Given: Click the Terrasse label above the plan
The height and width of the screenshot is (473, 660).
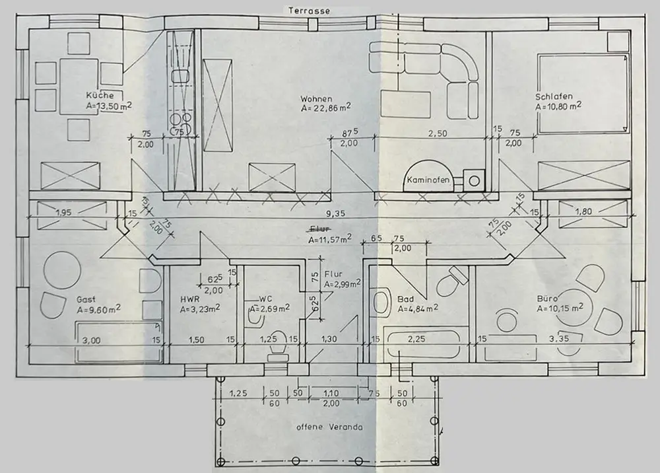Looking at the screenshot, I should (308, 11).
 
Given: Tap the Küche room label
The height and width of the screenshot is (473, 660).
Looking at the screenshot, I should (100, 95).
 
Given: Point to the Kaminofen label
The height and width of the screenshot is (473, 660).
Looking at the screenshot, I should (428, 179).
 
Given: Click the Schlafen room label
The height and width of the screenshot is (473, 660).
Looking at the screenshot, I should (554, 95).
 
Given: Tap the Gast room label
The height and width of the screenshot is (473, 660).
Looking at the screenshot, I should (86, 299).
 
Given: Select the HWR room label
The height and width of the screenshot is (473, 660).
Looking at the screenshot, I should (190, 299).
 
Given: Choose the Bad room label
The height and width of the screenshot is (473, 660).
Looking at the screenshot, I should (405, 299).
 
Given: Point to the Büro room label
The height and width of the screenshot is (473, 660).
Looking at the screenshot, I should (548, 298).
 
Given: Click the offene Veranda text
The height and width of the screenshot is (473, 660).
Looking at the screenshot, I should (329, 427).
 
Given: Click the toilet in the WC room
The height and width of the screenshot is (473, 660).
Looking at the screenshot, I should (277, 344).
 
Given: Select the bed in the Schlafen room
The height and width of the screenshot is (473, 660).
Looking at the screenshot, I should (582, 92).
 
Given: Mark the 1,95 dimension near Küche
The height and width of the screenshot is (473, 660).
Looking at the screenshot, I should (64, 213).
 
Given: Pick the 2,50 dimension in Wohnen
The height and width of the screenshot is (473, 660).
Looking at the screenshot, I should (438, 133).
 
